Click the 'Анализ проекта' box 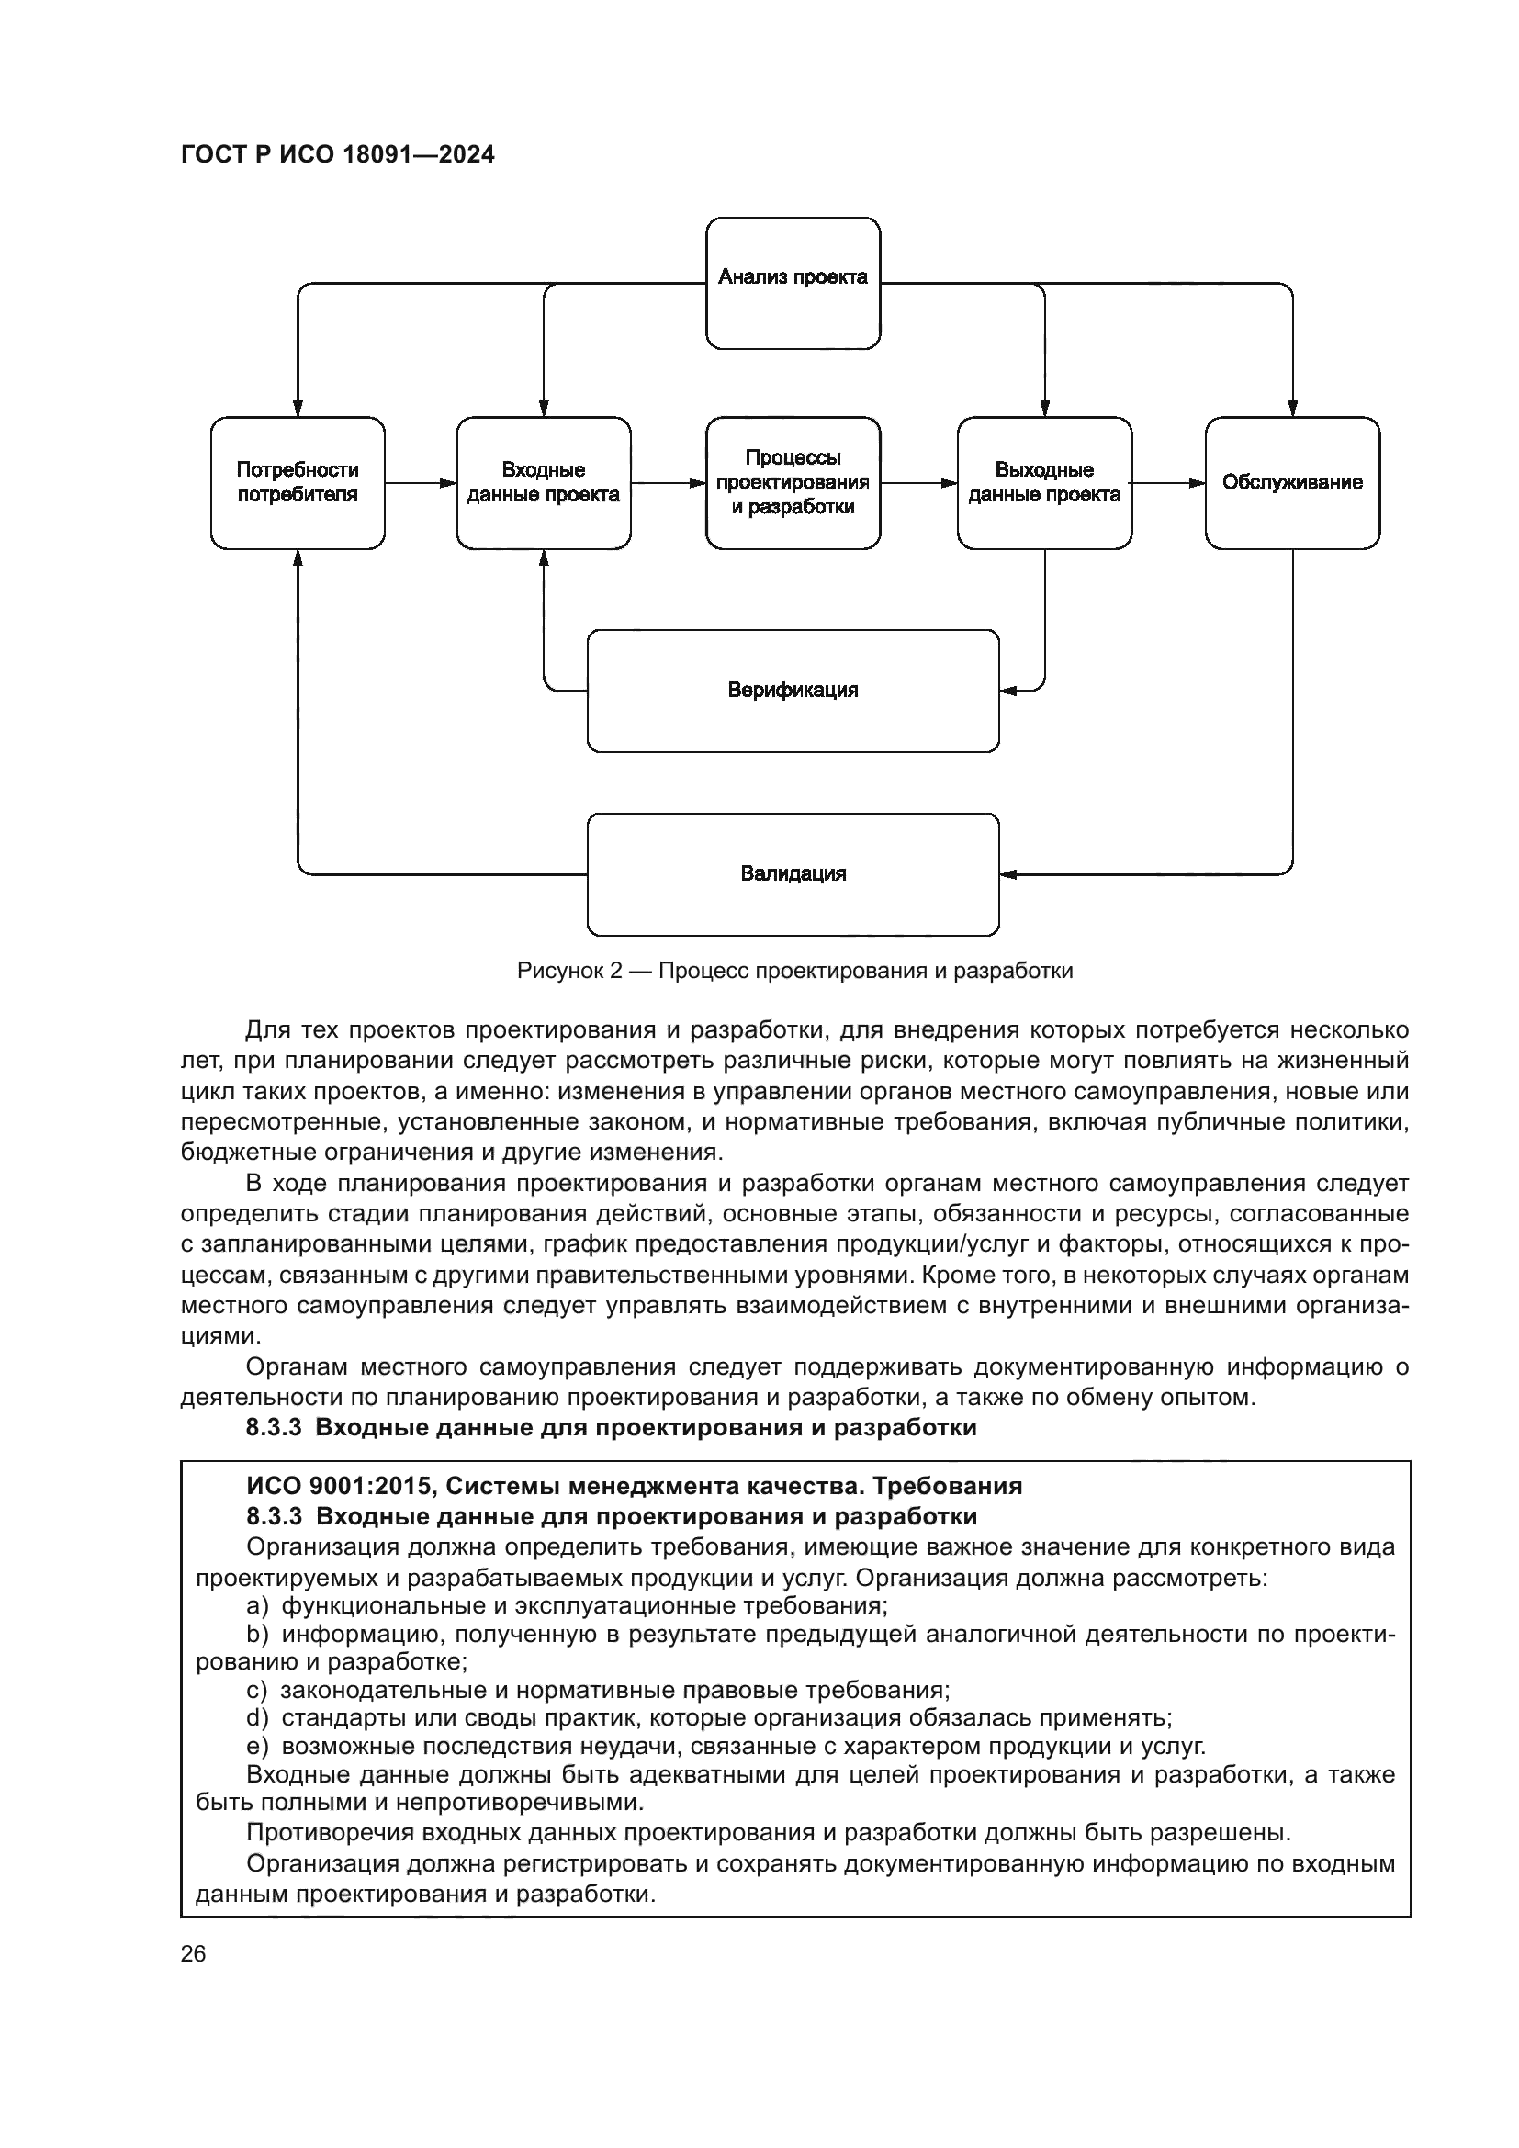pos(793,283)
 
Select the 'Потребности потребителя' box pos(298,483)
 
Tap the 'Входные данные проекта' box pos(544,483)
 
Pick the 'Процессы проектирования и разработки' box pos(793,483)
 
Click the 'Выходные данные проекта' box pos(1044,483)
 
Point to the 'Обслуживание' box pos(1292,483)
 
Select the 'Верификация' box pos(793,691)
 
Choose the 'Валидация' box pos(793,873)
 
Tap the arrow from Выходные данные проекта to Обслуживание pos(1168,483)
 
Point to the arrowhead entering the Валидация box pos(1008,875)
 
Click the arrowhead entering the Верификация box pos(1008,692)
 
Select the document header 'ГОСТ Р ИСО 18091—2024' pos(338,154)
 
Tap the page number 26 pos(193,1953)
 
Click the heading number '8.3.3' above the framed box pos(273,1428)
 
